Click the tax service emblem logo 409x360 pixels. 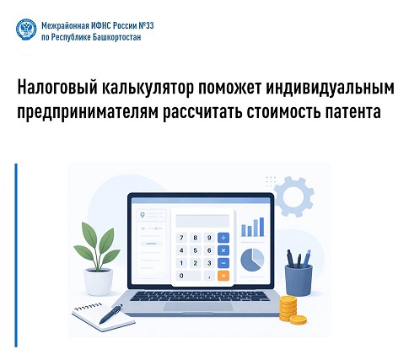click(26, 30)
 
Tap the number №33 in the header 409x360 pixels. click(146, 25)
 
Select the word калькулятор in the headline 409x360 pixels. click(148, 88)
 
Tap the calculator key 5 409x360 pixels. click(195, 250)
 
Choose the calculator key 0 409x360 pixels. click(188, 276)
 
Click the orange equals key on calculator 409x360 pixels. click(223, 276)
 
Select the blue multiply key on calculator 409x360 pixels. click(223, 250)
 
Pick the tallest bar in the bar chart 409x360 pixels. click(261, 227)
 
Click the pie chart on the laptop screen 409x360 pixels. click(252, 261)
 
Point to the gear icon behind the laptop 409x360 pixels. click(293, 196)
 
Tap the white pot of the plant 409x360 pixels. click(99, 282)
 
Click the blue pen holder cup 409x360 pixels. click(299, 280)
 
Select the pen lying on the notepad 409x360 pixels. click(111, 314)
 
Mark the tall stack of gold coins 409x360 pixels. click(288, 309)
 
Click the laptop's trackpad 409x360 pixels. click(198, 307)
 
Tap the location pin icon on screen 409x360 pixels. click(143, 215)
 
